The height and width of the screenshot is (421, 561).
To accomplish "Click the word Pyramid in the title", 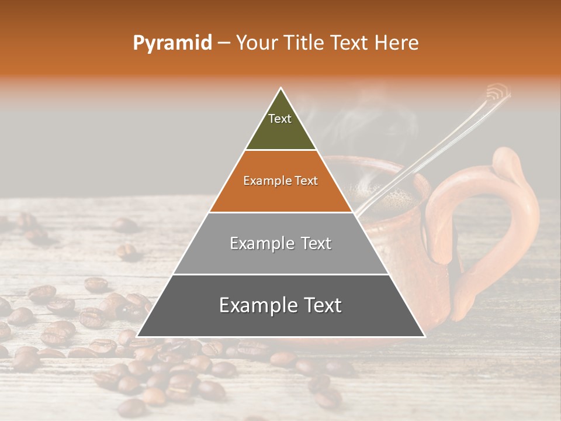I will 172,43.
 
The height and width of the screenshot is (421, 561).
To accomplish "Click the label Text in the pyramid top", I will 280,119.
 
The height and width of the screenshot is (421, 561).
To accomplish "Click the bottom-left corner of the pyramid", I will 138,336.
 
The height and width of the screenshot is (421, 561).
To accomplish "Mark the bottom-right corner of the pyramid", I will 424,336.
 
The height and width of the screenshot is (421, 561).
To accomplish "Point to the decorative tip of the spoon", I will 498,91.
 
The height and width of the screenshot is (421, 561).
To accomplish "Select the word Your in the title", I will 255,43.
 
